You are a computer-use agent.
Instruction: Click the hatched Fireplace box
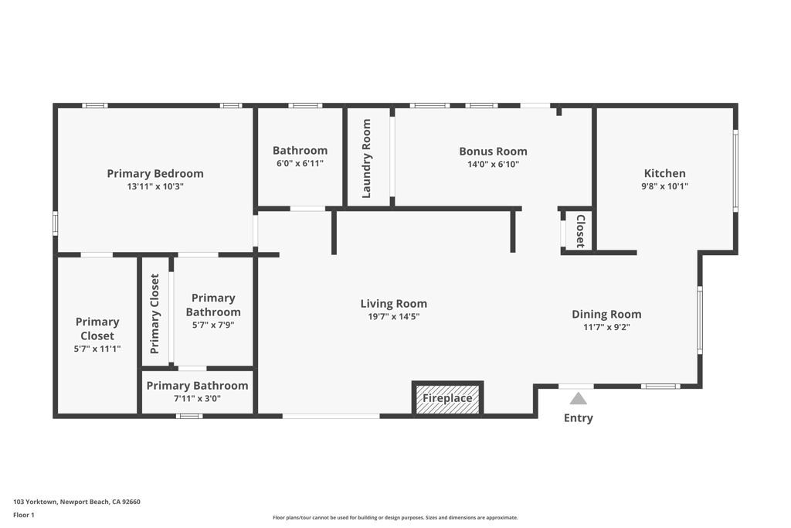pyautogui.click(x=447, y=399)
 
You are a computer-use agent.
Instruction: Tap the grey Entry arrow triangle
pyautogui.click(x=578, y=398)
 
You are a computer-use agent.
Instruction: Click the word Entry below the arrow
pyautogui.click(x=578, y=418)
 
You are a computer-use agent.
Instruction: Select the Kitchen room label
pyautogui.click(x=664, y=173)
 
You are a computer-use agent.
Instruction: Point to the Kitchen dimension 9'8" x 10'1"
pyautogui.click(x=664, y=186)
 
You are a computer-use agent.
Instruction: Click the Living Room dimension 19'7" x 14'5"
pyautogui.click(x=393, y=316)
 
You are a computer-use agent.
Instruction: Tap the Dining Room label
pyautogui.click(x=606, y=314)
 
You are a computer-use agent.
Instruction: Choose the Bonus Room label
pyautogui.click(x=493, y=152)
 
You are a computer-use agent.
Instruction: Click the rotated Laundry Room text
pyautogui.click(x=367, y=158)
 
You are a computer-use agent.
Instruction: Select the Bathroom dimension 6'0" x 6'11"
pyautogui.click(x=300, y=163)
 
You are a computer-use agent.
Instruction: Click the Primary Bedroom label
pyautogui.click(x=155, y=173)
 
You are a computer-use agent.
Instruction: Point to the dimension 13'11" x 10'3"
pyautogui.click(x=155, y=186)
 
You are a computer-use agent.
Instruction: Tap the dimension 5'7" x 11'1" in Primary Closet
pyautogui.click(x=97, y=349)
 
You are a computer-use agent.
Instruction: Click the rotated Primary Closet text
pyautogui.click(x=154, y=314)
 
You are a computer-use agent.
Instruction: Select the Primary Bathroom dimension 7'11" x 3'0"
pyautogui.click(x=197, y=398)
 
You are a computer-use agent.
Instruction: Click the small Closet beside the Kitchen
pyautogui.click(x=580, y=231)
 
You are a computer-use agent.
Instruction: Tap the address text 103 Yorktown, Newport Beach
pyautogui.click(x=76, y=502)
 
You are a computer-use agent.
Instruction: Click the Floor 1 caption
pyautogui.click(x=24, y=515)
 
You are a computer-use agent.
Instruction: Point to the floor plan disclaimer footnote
pyautogui.click(x=395, y=518)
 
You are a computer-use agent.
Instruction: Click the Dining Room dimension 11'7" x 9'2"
pyautogui.click(x=606, y=327)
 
